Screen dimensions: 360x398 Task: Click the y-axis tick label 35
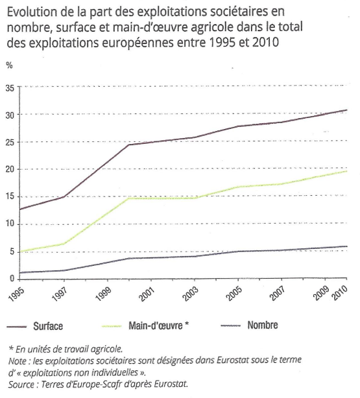click(10, 88)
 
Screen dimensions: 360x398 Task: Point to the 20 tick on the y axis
click(10, 169)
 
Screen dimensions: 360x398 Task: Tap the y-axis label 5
click(12, 252)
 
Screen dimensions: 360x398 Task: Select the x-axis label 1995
click(16, 294)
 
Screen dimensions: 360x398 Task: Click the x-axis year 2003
click(191, 294)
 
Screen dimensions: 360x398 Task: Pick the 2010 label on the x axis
click(340, 293)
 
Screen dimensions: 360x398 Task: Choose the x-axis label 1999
click(103, 294)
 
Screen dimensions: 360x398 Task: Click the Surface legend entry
click(35, 326)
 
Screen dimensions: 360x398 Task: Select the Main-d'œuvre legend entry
click(145, 325)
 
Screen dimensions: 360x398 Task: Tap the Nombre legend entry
click(249, 325)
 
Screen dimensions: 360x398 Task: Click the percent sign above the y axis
click(9, 65)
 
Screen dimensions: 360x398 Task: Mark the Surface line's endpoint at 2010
click(347, 110)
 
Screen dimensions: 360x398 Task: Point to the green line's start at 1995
click(20, 252)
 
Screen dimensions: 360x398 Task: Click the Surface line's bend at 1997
click(64, 196)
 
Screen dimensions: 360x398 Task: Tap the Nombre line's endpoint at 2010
click(347, 246)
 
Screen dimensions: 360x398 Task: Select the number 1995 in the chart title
click(222, 42)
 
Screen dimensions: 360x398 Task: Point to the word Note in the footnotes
click(18, 360)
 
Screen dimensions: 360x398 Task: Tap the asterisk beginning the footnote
click(11, 348)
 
